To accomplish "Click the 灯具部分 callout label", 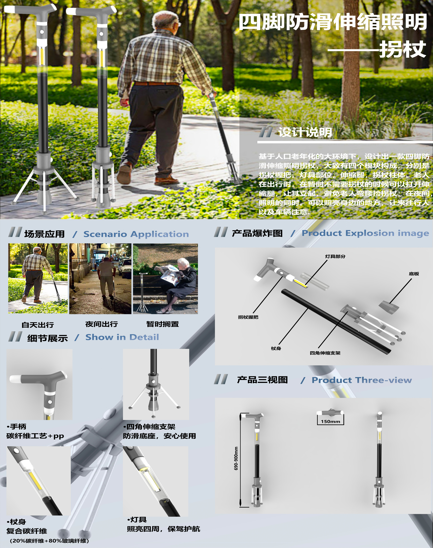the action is click(x=335, y=256).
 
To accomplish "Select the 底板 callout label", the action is click(x=414, y=274).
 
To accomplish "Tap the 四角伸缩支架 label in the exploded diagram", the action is click(x=325, y=353).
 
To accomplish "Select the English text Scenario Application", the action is click(x=136, y=234).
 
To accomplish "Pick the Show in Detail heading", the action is click(x=122, y=337).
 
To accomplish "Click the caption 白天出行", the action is click(x=38, y=325).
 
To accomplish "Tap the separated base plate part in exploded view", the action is click(x=389, y=307).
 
